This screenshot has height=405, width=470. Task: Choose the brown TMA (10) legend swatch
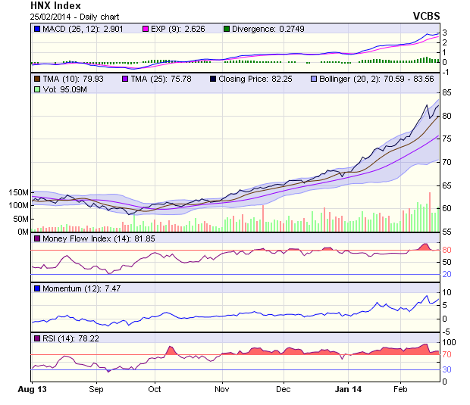[x=36, y=79]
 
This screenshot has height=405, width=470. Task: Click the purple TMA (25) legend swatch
[x=124, y=79]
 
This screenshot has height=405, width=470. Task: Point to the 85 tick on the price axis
[x=447, y=92]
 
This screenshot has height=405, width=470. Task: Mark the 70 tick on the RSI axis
[x=447, y=354]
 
